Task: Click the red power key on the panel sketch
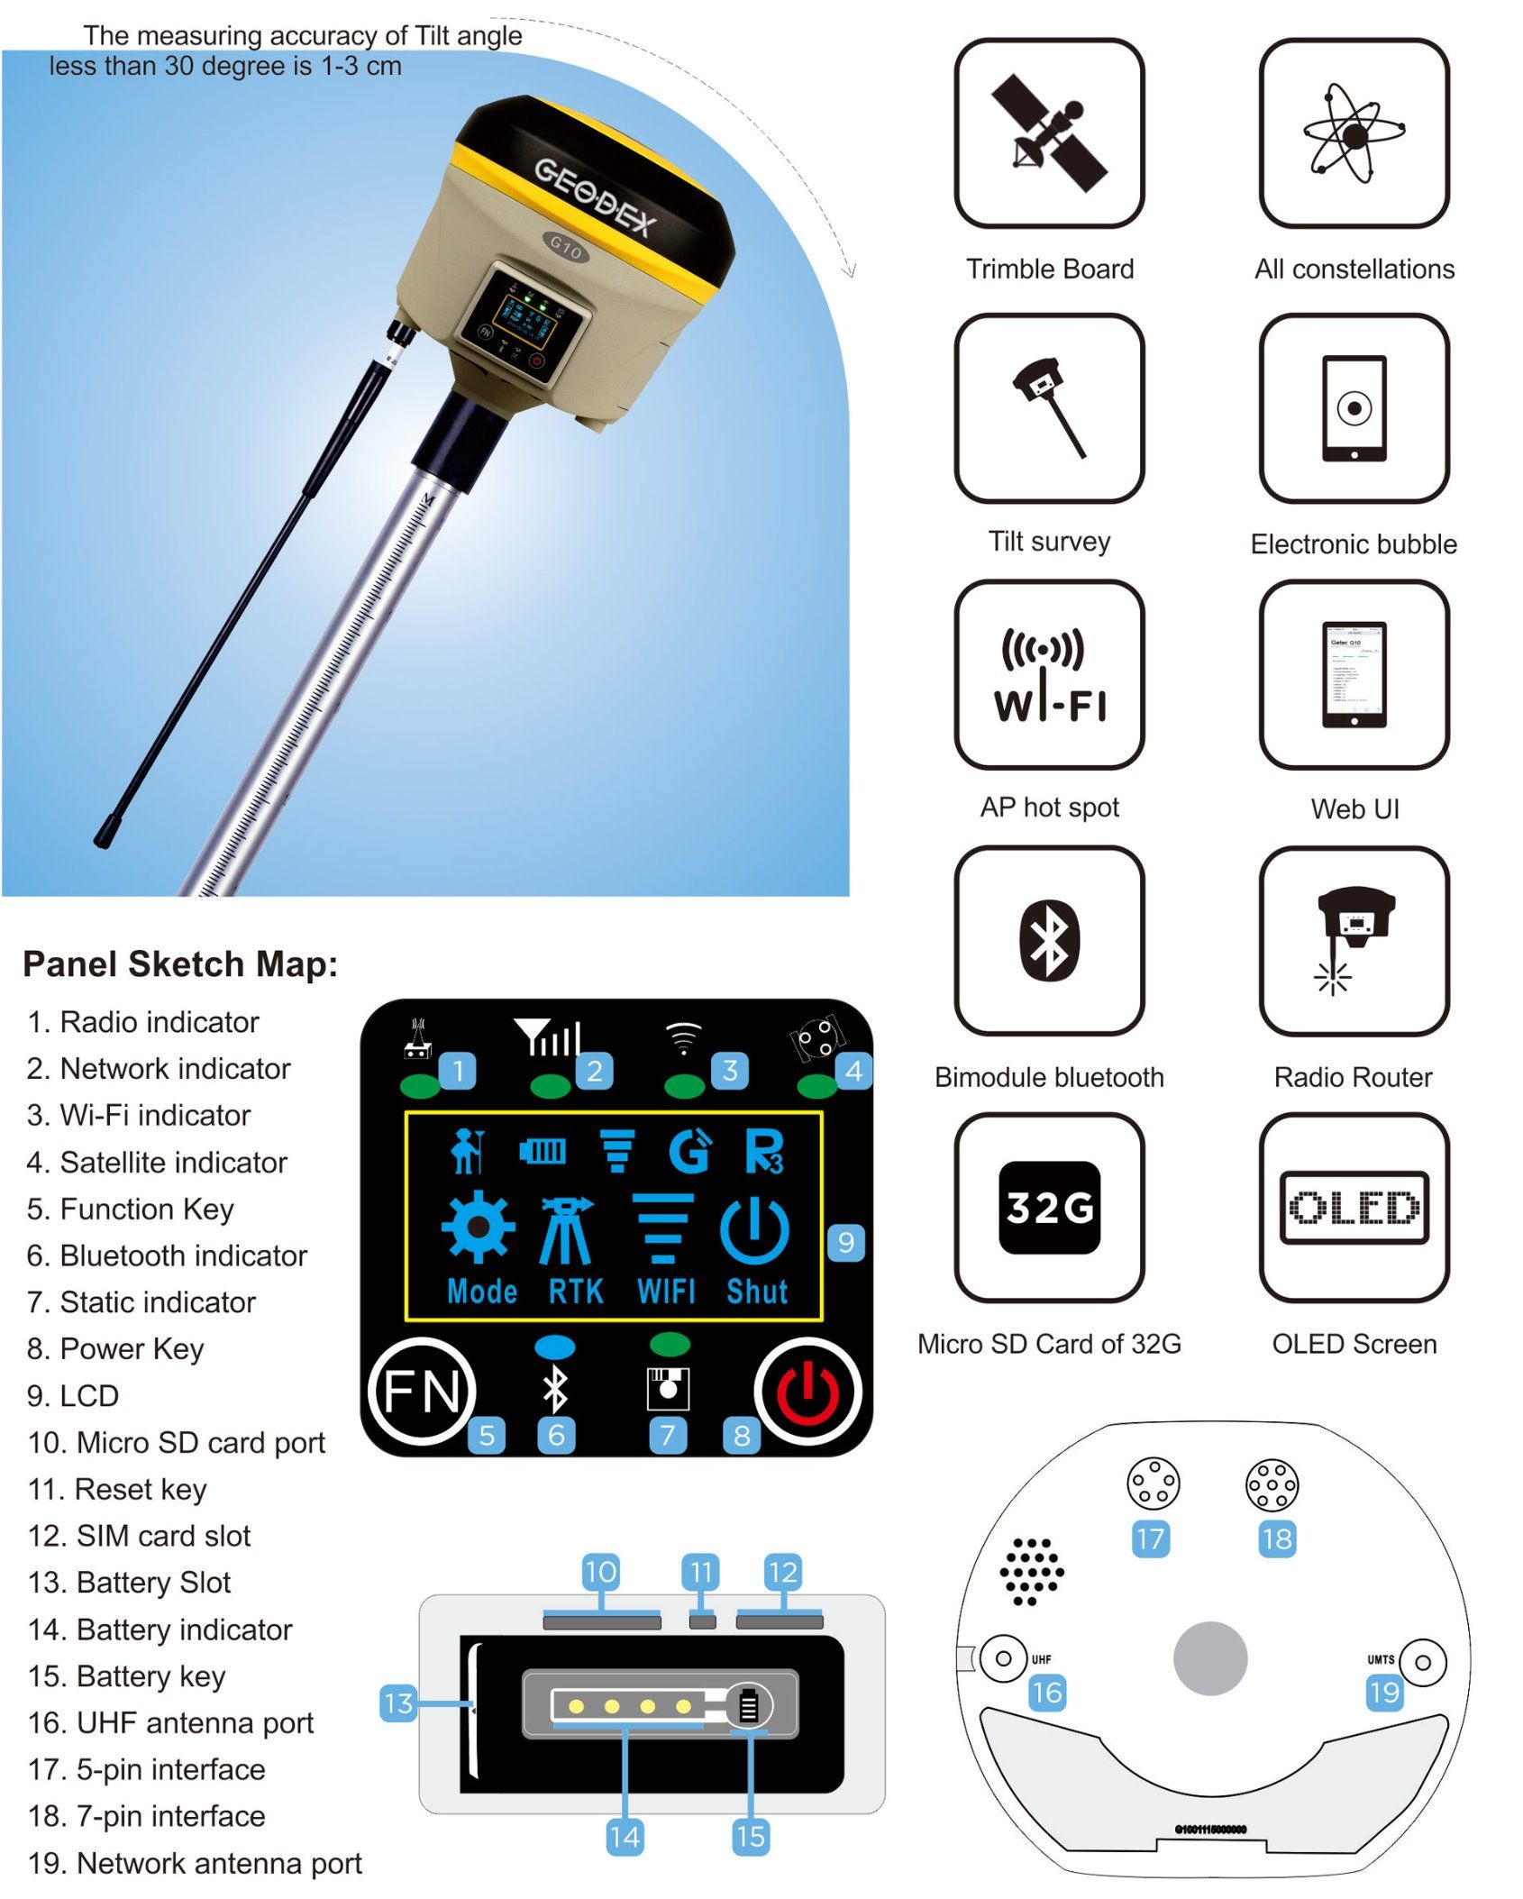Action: pos(807,1392)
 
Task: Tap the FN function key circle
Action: pos(421,1392)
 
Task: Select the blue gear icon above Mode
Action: pos(479,1227)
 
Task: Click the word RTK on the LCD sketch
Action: pos(576,1292)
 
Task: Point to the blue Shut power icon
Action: pos(755,1230)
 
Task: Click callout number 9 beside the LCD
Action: pos(846,1242)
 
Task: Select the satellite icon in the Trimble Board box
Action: pos(1049,132)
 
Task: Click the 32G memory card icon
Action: pos(1049,1207)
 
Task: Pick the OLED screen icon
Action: pos(1354,1207)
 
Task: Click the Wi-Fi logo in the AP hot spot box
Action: pos(1049,674)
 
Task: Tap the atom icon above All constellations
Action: pos(1354,133)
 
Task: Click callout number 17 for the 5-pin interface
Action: pos(1151,1538)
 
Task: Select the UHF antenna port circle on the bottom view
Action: pos(1003,1658)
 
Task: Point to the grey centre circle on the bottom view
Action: pos(1210,1658)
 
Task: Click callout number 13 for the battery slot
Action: pos(398,1703)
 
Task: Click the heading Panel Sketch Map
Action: pos(180,963)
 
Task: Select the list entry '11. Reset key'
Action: pos(117,1489)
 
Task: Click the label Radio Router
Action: pos(1353,1077)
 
